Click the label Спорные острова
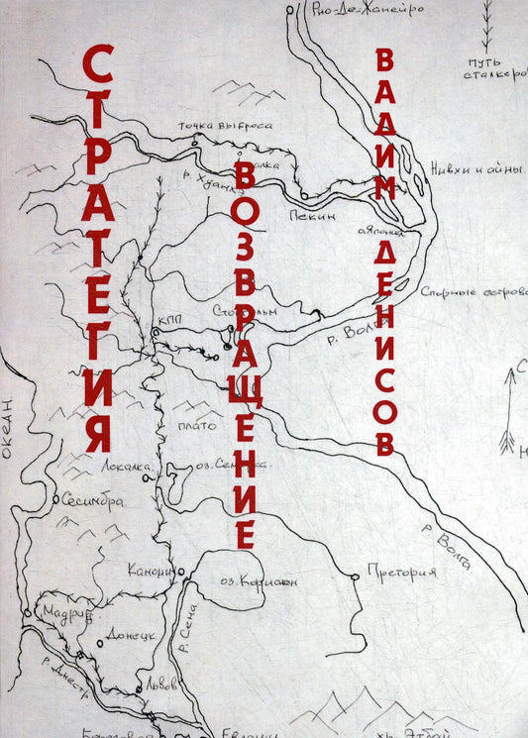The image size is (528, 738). tap(471, 293)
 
